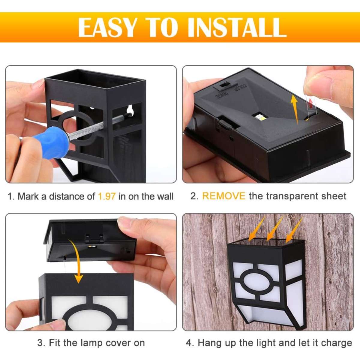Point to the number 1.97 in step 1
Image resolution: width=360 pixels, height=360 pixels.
[107, 196]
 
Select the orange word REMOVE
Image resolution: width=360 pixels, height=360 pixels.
[224, 196]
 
